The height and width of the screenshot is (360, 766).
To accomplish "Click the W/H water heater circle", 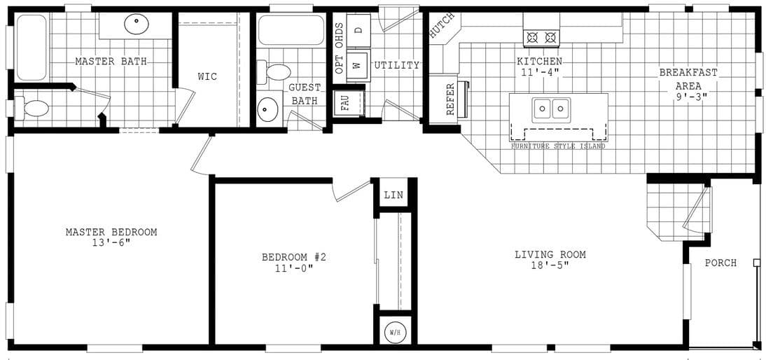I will (395, 333).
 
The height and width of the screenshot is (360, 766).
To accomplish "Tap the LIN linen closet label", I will (394, 195).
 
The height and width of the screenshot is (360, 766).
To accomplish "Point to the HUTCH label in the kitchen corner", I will (442, 26).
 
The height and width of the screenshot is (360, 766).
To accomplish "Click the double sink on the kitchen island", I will (550, 109).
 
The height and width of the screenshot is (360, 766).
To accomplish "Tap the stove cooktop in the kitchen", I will (542, 37).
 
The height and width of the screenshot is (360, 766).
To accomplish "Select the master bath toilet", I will (34, 109).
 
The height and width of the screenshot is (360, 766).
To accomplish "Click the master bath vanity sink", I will (137, 25).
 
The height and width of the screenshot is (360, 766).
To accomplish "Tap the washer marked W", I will (356, 64).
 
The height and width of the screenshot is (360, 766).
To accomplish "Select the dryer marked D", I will (358, 30).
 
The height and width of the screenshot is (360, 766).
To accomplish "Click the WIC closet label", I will (207, 76).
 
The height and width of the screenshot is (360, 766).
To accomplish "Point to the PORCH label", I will (720, 263).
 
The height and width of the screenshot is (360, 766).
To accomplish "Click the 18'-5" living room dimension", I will (550, 266).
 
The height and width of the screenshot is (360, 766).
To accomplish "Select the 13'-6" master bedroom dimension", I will (111, 243).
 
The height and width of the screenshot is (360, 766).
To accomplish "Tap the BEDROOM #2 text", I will (294, 257).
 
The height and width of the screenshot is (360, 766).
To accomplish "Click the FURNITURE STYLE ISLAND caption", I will (558, 146).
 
